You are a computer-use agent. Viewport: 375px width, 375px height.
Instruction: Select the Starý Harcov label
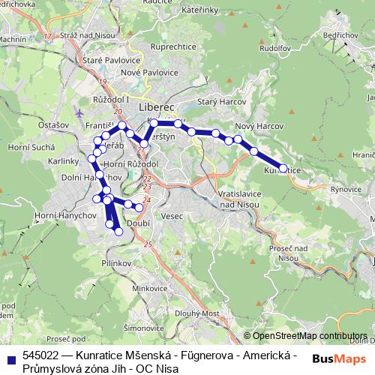[217, 101]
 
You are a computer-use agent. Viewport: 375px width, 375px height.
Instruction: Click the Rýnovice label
[346, 190]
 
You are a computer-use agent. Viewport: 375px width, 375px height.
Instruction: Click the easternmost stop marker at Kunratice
[283, 169]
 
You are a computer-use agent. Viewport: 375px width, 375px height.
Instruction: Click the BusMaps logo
[340, 359]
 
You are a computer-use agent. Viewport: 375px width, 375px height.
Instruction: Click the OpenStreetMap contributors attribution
[309, 336]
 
